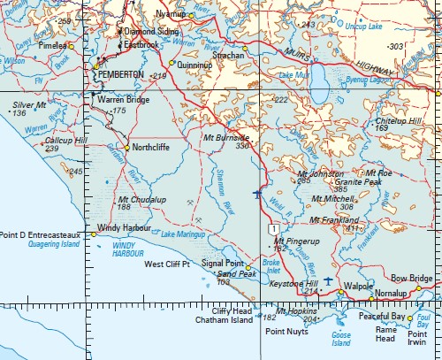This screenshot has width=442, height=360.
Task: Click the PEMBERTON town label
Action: [x=122, y=76]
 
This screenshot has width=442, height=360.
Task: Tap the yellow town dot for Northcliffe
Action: [x=127, y=148]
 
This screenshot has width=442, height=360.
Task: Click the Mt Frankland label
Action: [x=334, y=219]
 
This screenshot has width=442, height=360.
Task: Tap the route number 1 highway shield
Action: [x=276, y=229]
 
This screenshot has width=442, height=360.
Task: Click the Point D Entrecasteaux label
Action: [x=41, y=234]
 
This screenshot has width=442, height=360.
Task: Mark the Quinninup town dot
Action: [x=171, y=63]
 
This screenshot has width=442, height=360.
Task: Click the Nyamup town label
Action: [x=171, y=15]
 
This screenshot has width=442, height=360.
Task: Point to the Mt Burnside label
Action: [x=225, y=138]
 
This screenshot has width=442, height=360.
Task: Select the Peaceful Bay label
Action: [x=382, y=316]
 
